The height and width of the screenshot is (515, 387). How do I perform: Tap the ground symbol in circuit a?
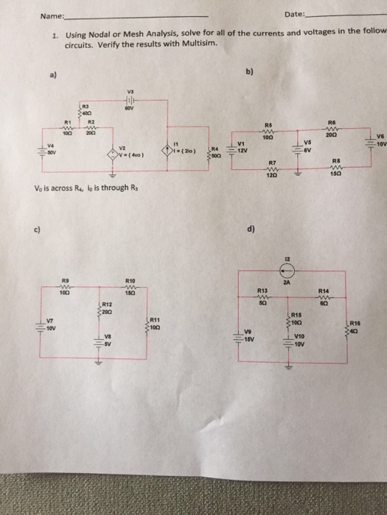(113, 177)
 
